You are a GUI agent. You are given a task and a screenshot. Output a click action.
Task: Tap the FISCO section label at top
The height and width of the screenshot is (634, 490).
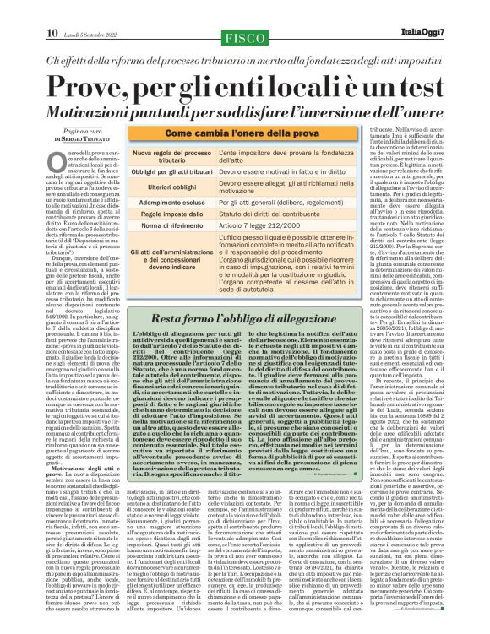[244, 13]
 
